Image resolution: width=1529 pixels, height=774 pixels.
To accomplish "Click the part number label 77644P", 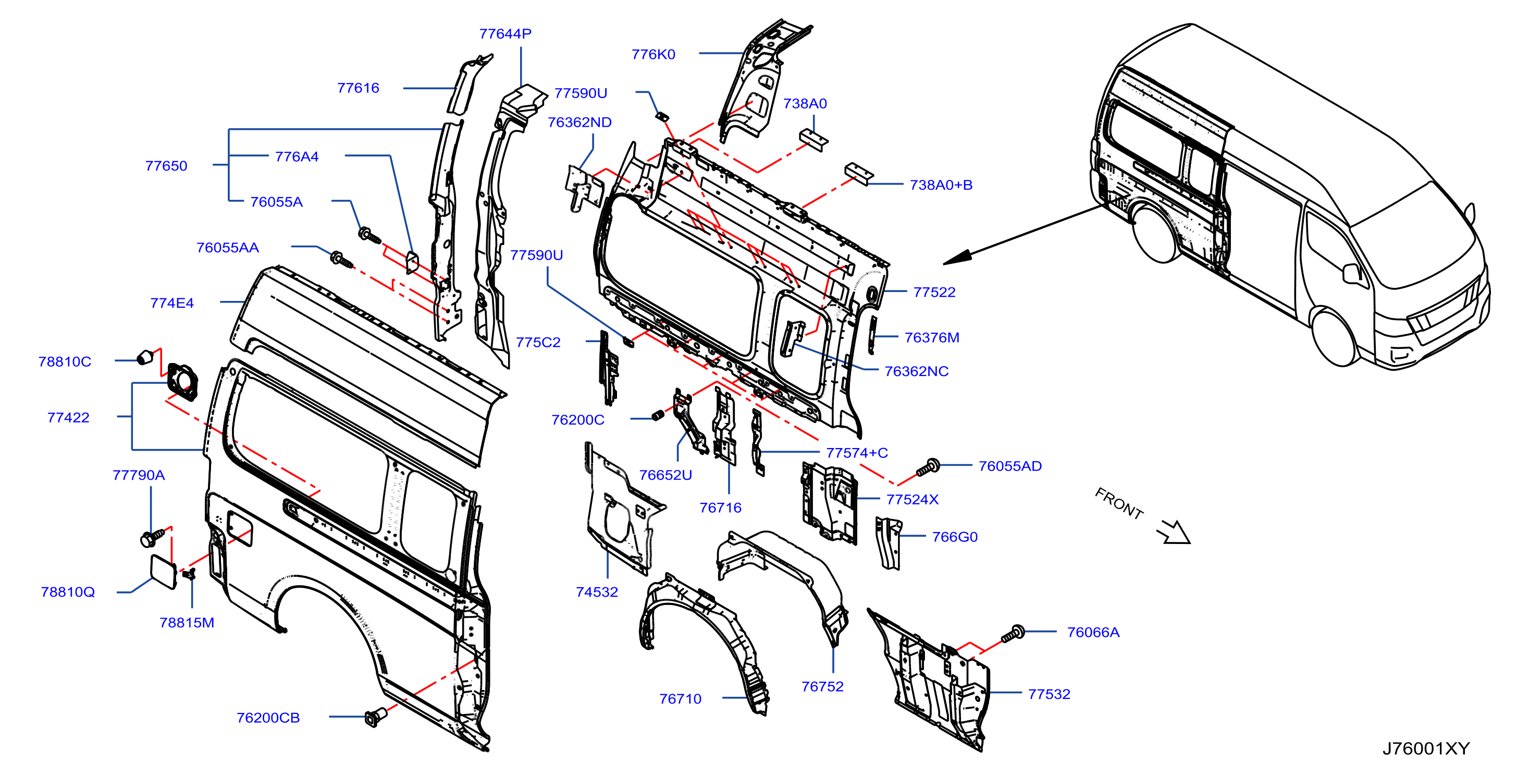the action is pyautogui.click(x=505, y=34).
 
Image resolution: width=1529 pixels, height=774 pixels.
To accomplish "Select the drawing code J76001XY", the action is pyautogui.click(x=1426, y=748).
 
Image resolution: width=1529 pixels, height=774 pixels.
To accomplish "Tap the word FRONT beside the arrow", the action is pyautogui.click(x=1119, y=504).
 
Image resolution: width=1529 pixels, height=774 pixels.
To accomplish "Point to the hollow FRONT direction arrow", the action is pyautogui.click(x=1174, y=532).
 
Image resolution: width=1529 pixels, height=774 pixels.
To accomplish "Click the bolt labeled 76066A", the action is pyautogui.click(x=1013, y=634).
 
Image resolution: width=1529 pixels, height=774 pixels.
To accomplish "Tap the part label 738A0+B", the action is pyautogui.click(x=941, y=185).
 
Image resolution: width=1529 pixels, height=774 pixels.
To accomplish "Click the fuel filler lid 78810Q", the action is pyautogui.click(x=163, y=572).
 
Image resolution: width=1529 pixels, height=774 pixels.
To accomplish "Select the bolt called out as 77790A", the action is pyautogui.click(x=151, y=538).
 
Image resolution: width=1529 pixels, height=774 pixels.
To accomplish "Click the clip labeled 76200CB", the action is pyautogui.click(x=375, y=717).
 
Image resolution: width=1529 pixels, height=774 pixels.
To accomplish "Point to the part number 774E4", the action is pyautogui.click(x=172, y=303).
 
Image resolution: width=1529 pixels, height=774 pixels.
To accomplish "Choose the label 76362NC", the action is pyautogui.click(x=917, y=371).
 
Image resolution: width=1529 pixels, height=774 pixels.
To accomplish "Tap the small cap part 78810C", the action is pyautogui.click(x=144, y=358).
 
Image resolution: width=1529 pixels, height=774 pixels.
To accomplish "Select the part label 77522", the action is pyautogui.click(x=934, y=292).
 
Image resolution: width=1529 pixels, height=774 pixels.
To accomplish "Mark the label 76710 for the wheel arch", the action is pyautogui.click(x=680, y=699).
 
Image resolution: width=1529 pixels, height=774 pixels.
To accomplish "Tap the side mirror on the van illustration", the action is pyautogui.click(x=1352, y=273).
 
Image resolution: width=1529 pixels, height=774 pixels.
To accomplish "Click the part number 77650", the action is pyautogui.click(x=166, y=166).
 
